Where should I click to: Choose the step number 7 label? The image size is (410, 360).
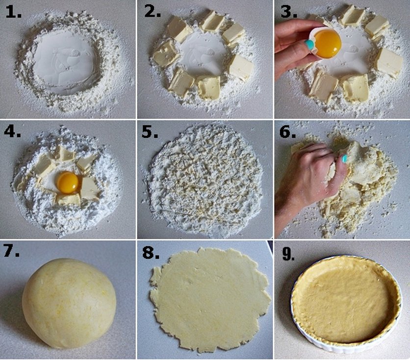[11, 252]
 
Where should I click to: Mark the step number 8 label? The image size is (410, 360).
[151, 253]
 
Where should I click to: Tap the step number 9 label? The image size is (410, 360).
[288, 254]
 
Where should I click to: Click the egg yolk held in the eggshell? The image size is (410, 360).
[328, 41]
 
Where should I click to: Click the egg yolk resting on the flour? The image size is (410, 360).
[68, 182]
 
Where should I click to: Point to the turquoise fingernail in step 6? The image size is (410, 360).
[344, 158]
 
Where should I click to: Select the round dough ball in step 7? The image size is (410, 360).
[69, 303]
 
